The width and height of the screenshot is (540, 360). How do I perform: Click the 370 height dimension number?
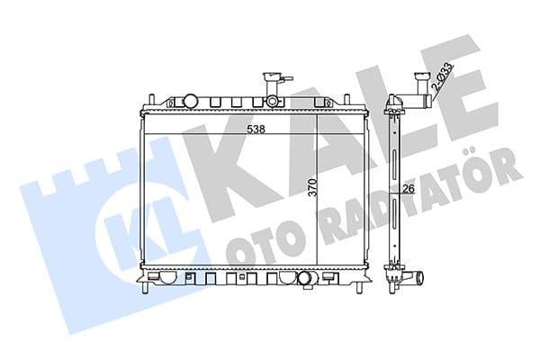tap(313, 188)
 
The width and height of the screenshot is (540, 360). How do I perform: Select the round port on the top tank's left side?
tap(190, 99)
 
